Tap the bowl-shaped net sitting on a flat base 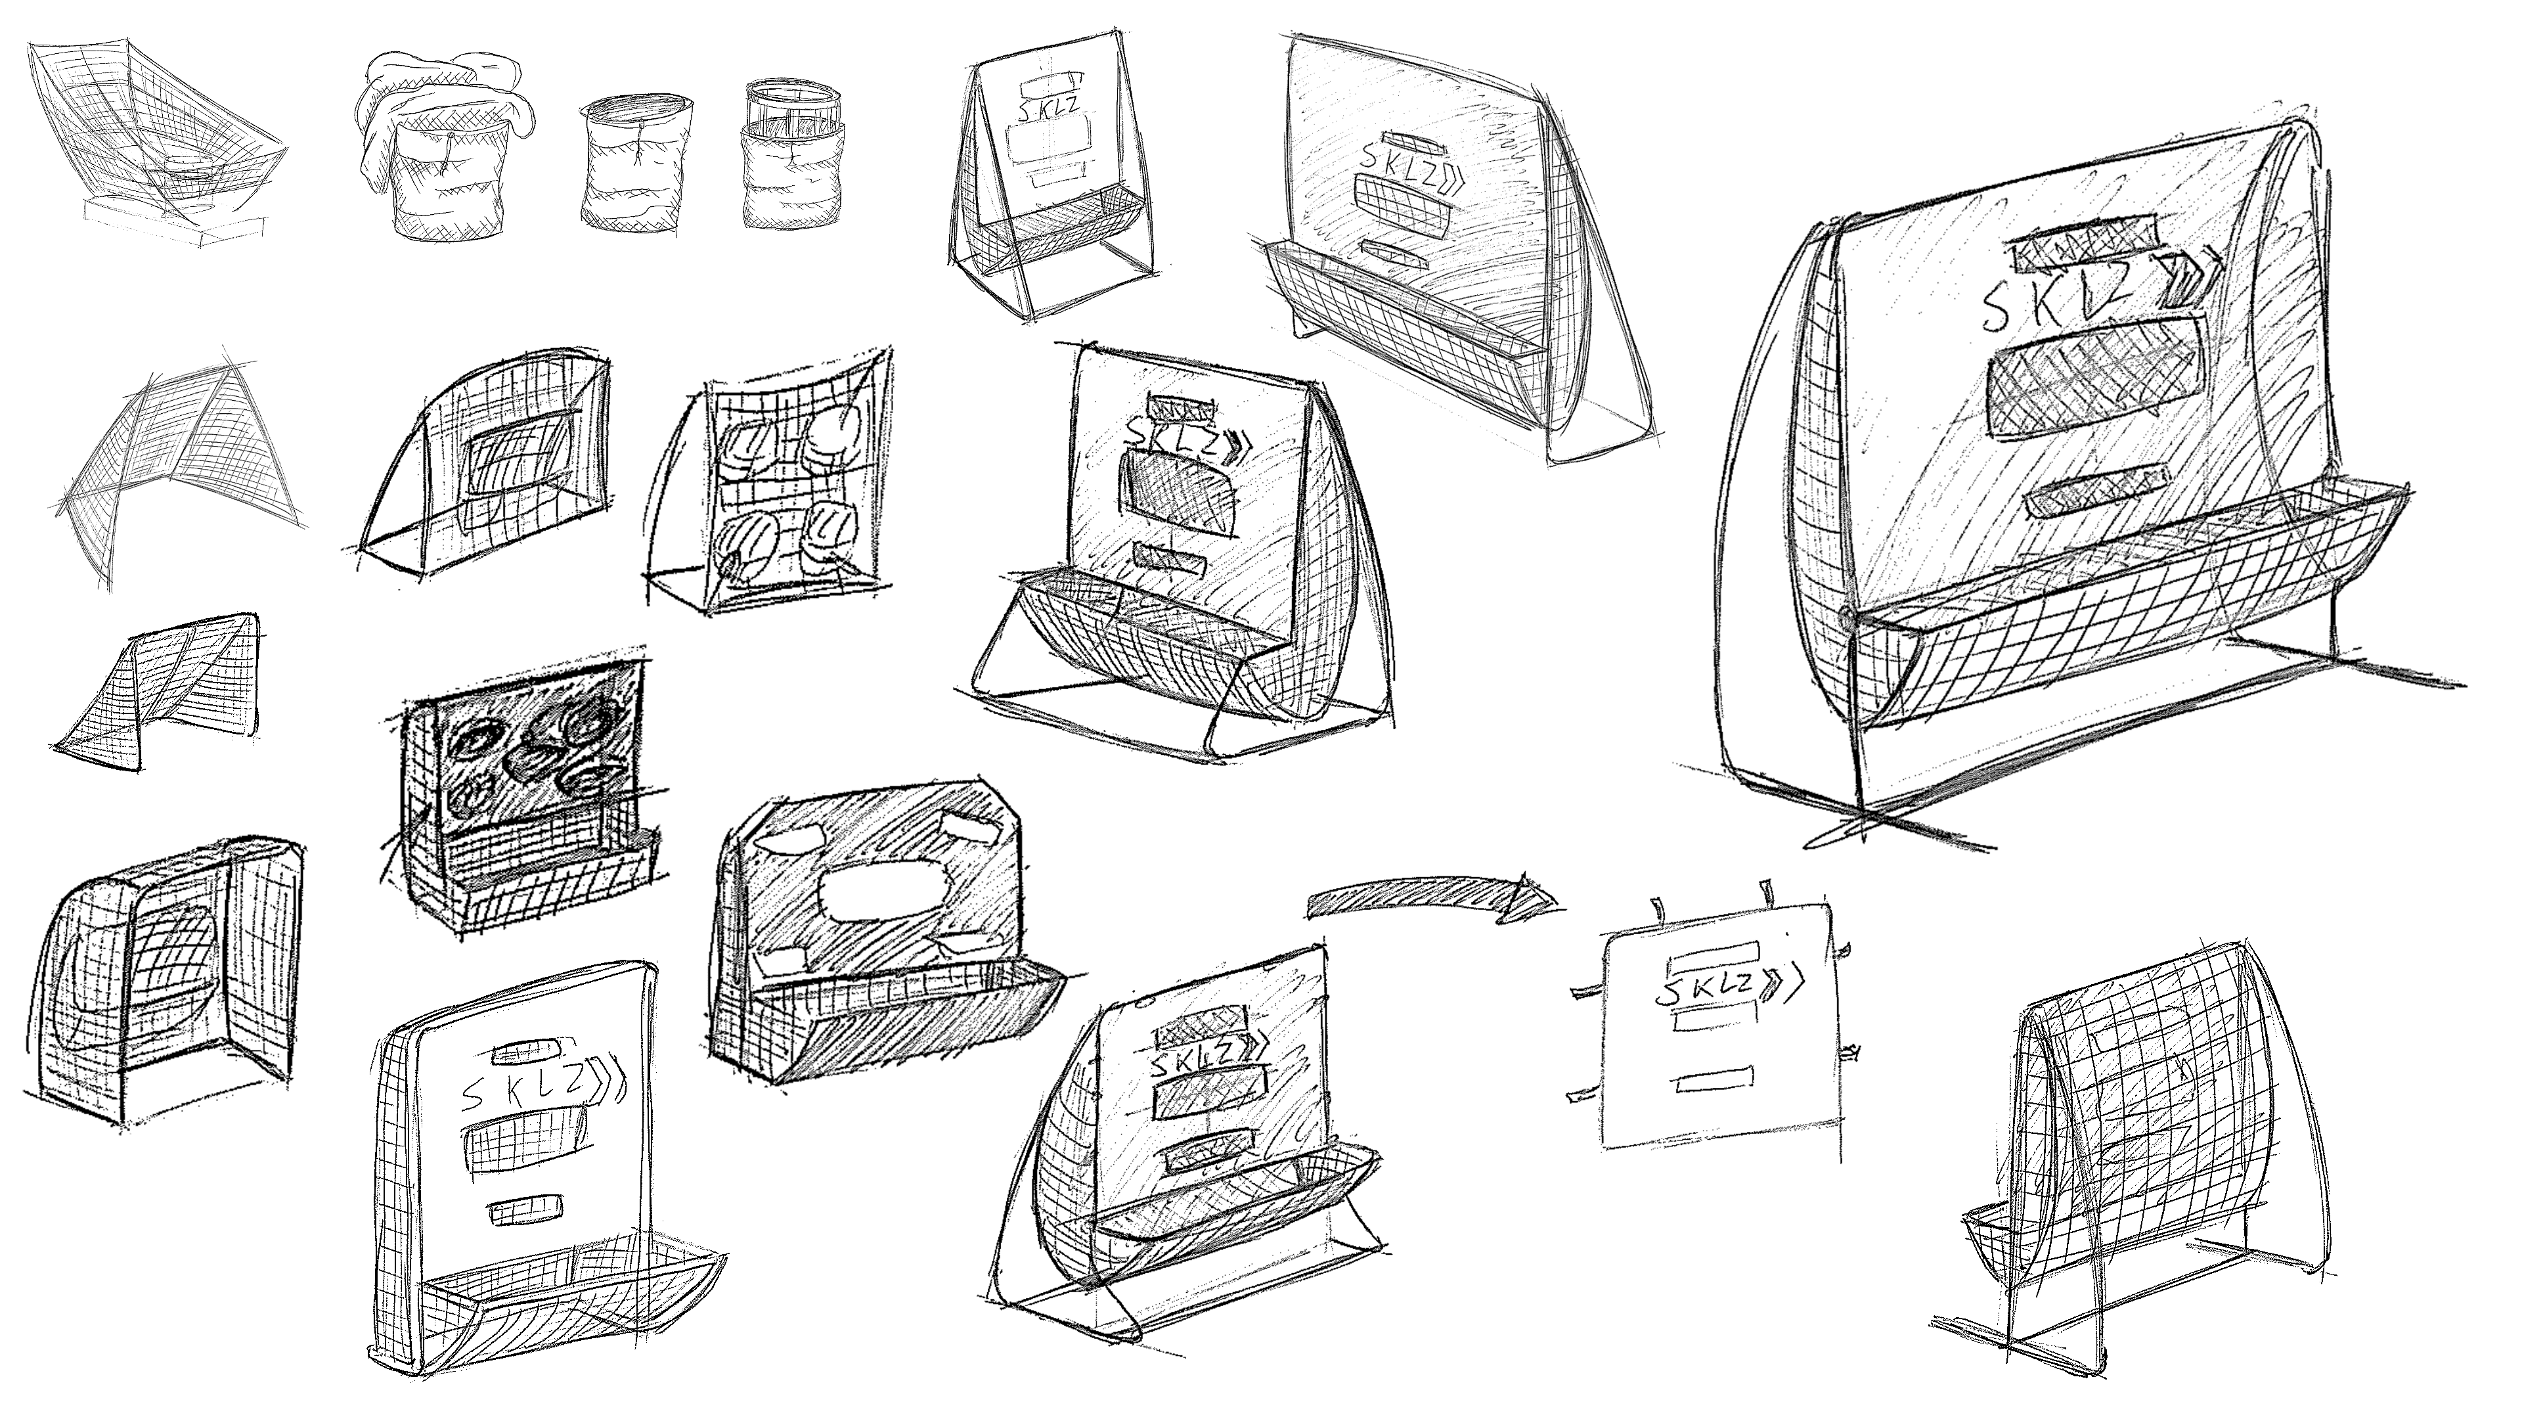(162, 147)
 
